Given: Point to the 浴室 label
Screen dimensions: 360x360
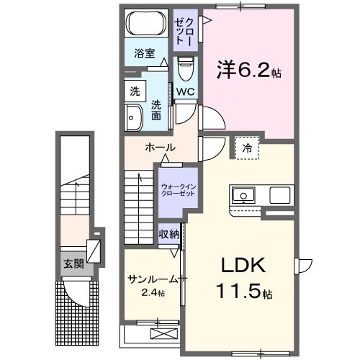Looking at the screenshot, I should click(145, 53).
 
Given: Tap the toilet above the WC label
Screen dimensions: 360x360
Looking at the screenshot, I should click(185, 71).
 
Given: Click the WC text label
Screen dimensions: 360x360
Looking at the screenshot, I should click(185, 91).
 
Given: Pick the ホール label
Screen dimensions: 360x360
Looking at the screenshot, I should click(160, 148).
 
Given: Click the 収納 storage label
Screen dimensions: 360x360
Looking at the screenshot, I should click(170, 235).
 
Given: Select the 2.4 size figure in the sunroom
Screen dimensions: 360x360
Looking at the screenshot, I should click(152, 293).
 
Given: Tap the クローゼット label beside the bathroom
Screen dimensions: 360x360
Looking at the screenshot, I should click(184, 30).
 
